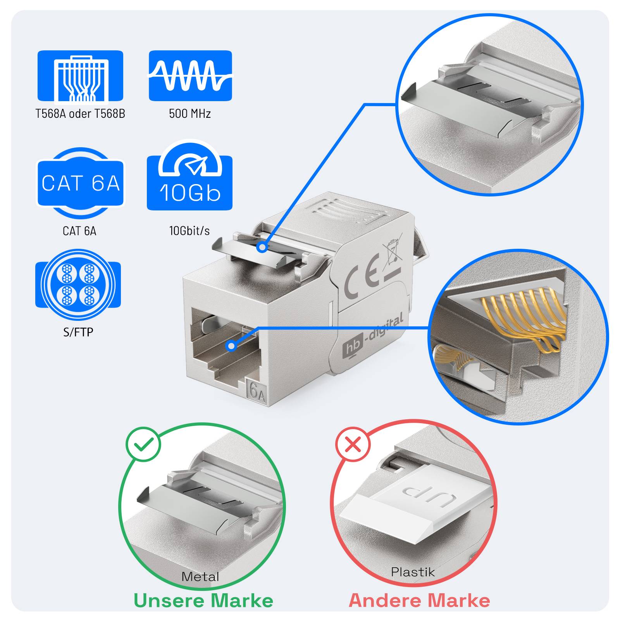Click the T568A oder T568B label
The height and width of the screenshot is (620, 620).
[80, 114]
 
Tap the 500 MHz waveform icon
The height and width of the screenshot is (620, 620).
[190, 76]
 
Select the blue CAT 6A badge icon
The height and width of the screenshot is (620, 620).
[80, 183]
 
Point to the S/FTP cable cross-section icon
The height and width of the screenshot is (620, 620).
[78, 285]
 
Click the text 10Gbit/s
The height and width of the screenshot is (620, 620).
[189, 231]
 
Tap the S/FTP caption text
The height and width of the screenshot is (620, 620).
[78, 332]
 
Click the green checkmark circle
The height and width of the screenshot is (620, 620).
[143, 444]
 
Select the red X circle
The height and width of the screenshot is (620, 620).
[353, 444]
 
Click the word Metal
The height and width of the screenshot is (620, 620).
[200, 577]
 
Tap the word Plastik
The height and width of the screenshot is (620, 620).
[413, 572]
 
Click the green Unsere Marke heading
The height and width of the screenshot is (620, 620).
[203, 601]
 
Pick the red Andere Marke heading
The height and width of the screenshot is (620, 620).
[419, 601]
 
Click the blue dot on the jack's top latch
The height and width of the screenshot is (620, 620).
[262, 247]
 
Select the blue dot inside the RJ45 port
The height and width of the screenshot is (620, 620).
[231, 346]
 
